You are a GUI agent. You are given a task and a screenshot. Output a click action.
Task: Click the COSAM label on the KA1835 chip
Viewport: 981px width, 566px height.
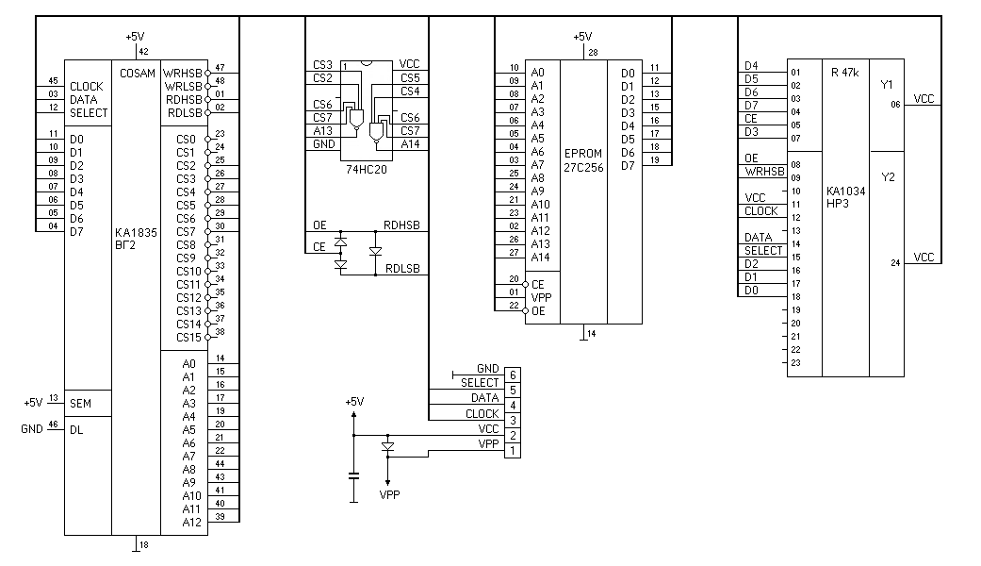pos(138,73)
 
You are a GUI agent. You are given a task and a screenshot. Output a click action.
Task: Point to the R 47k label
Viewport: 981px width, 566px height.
pos(845,73)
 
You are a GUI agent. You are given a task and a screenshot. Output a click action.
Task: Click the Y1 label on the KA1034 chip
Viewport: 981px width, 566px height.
pos(886,85)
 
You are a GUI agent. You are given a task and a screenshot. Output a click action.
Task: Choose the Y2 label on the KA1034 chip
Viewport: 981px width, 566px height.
pos(886,176)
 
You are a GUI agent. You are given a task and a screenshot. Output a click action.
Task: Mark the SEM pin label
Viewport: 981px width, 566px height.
pos(81,403)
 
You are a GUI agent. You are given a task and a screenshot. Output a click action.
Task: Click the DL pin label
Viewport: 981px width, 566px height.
pos(76,429)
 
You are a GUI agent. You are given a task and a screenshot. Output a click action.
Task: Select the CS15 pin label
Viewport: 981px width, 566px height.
pos(188,337)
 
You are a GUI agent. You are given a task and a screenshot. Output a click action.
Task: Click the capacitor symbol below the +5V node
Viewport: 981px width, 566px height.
pos(353,475)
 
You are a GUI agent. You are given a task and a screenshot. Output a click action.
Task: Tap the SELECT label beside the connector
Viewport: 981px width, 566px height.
pos(480,382)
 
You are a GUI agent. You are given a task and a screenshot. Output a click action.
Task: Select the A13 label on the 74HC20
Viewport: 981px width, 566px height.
pos(322,131)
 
